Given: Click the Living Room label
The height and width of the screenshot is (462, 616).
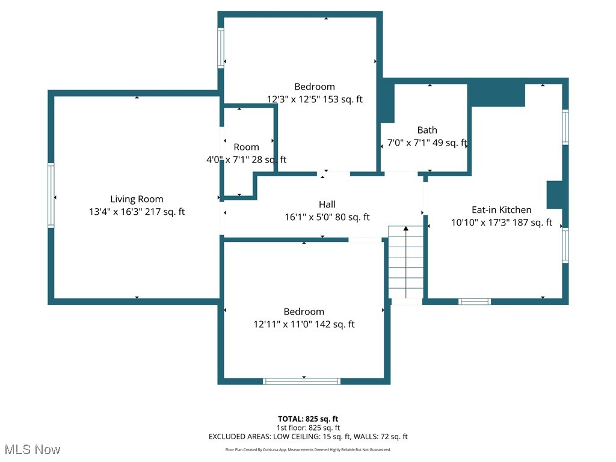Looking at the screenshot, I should [x=137, y=199].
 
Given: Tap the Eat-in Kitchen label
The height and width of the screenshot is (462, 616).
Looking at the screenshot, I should [x=501, y=210].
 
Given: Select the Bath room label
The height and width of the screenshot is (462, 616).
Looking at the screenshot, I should [x=427, y=130].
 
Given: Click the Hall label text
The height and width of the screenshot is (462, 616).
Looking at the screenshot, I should [x=327, y=205].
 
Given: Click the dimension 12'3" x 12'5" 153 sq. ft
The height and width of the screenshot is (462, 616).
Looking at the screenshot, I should [x=315, y=99].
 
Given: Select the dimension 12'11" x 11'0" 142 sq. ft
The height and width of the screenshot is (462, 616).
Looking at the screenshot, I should [x=304, y=324].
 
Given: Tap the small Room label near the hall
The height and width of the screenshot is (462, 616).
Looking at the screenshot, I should [x=246, y=147].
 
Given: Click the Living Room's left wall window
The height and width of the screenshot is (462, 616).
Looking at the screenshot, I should [x=51, y=196].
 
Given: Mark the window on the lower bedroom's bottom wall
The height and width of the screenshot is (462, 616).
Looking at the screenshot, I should [x=301, y=381].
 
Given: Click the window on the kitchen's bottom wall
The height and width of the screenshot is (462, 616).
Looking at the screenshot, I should [x=475, y=301].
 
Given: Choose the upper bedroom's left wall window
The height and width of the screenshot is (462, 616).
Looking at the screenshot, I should [x=221, y=49].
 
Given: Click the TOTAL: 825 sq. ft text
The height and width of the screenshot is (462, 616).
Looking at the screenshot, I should [x=308, y=419].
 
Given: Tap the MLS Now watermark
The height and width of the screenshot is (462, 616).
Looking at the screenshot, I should [x=32, y=449].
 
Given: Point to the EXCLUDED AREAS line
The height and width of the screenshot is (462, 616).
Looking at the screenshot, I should [x=308, y=437].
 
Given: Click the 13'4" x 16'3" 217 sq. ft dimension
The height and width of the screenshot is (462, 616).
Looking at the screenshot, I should [x=137, y=212].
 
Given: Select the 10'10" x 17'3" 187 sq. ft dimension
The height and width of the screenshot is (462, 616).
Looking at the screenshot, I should [x=501, y=223].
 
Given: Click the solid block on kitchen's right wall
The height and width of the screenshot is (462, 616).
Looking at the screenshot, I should [x=554, y=195].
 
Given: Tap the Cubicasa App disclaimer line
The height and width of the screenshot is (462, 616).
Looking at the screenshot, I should [x=308, y=449].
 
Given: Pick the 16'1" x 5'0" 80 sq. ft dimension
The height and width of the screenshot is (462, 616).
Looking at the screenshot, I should [x=327, y=217].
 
